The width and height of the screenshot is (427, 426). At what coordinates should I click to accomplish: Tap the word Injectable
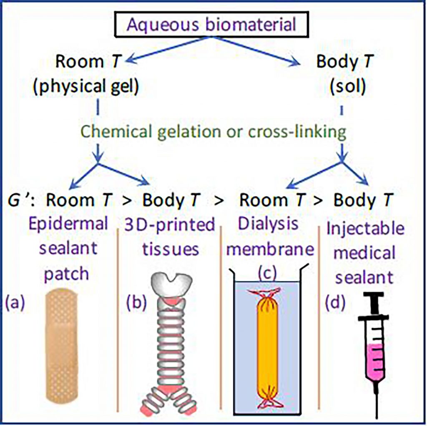(x=365, y=229)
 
